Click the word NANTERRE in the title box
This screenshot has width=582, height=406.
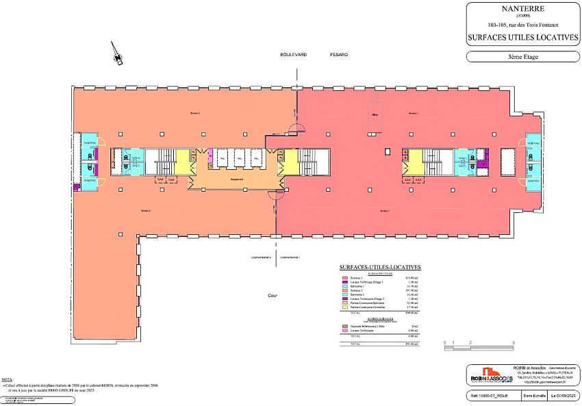coord(522,10)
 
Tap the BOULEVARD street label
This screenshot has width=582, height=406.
coord(293,54)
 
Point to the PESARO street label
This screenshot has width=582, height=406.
coord(339,54)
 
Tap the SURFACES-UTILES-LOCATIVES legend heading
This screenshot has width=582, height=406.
coord(380,267)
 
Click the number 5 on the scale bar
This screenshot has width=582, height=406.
coord(513,342)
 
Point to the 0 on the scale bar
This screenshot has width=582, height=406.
coord(444,342)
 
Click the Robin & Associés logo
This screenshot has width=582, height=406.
coord(492,378)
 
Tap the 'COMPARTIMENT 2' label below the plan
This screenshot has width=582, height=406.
coord(261,257)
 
